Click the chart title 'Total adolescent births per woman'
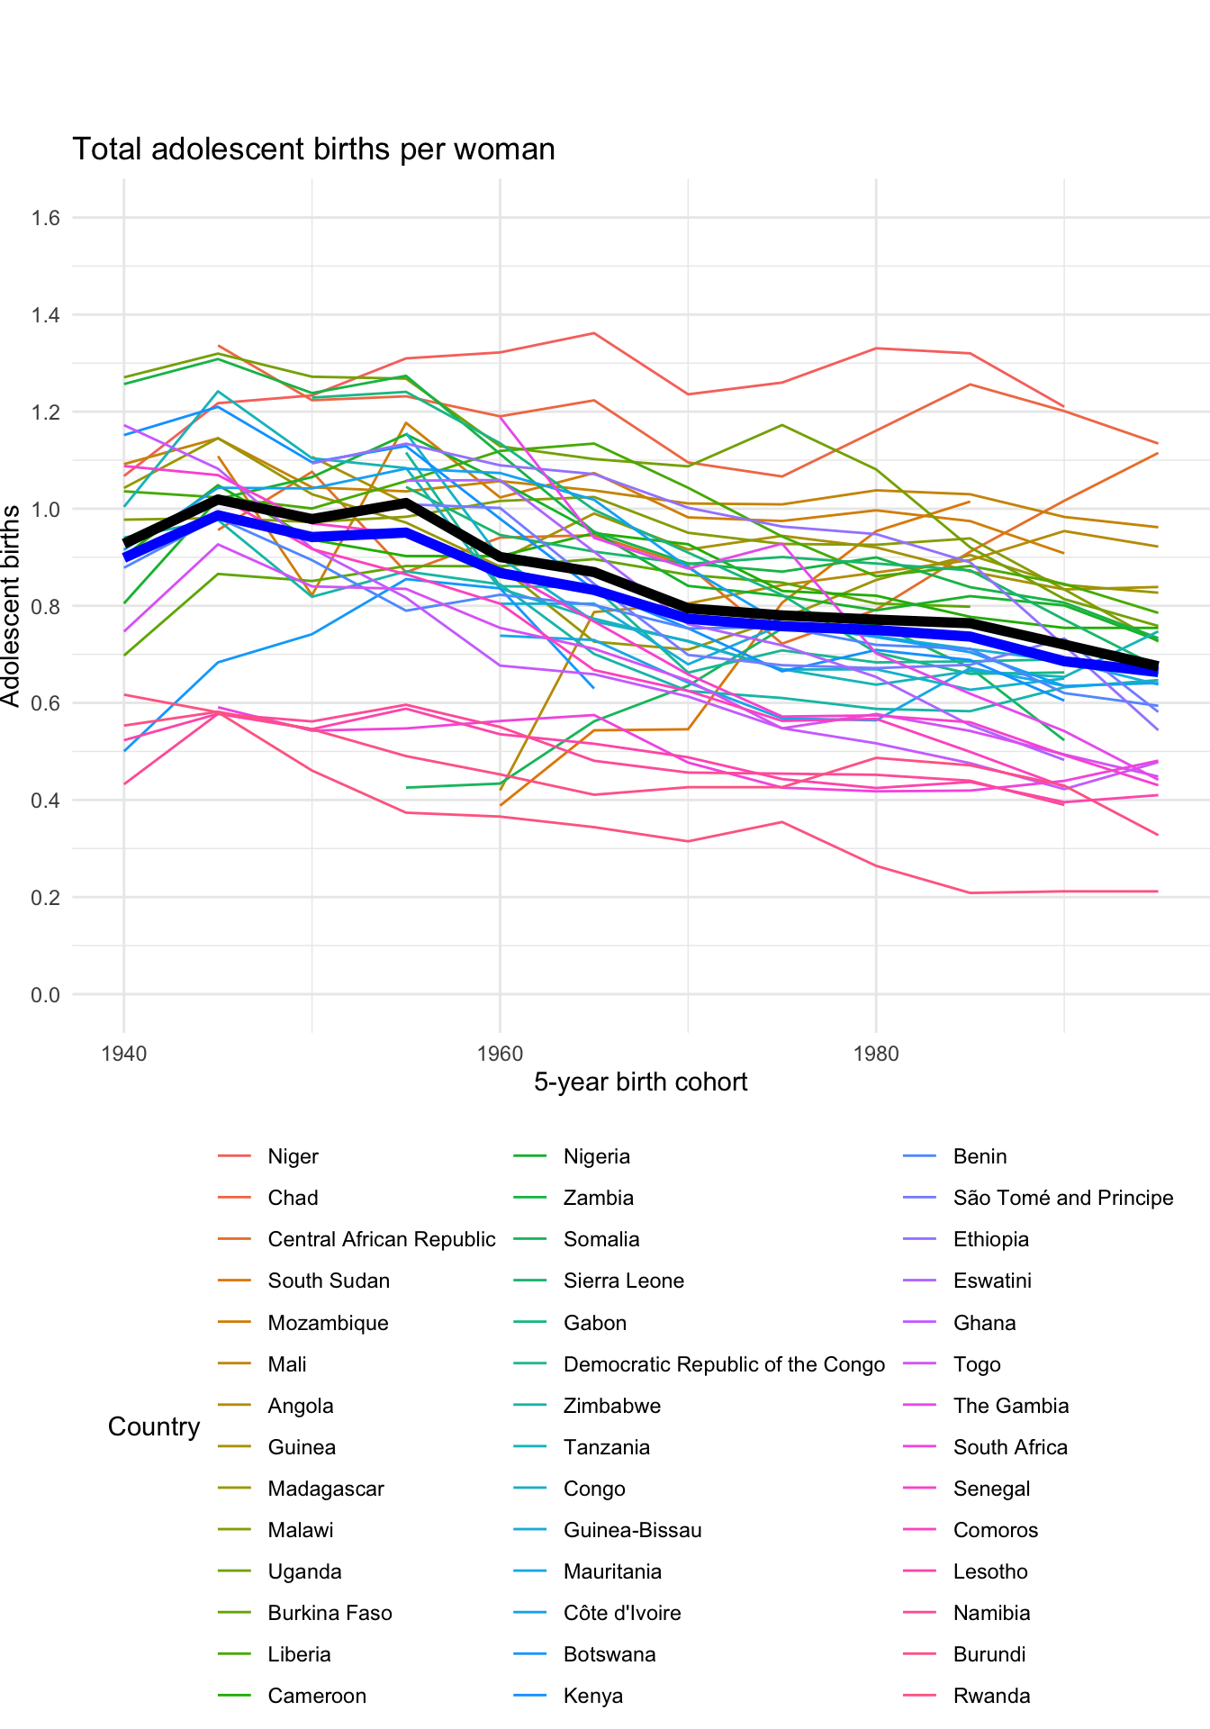click(x=313, y=149)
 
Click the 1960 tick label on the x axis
click(x=500, y=1054)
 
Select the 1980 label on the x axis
click(x=876, y=1054)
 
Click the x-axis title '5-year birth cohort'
click(x=640, y=1082)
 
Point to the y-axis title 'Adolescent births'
click(x=11, y=605)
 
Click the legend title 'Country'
click(x=154, y=1426)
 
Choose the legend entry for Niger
click(x=293, y=1156)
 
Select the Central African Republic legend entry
click(x=381, y=1239)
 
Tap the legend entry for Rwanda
click(x=991, y=1696)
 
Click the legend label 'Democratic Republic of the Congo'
click(x=724, y=1364)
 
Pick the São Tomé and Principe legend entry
click(x=1062, y=1198)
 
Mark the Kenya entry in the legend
click(x=592, y=1696)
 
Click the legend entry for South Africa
click(x=1010, y=1447)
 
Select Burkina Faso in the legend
click(x=330, y=1613)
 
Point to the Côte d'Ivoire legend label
click(x=621, y=1613)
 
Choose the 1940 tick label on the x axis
click(x=124, y=1054)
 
